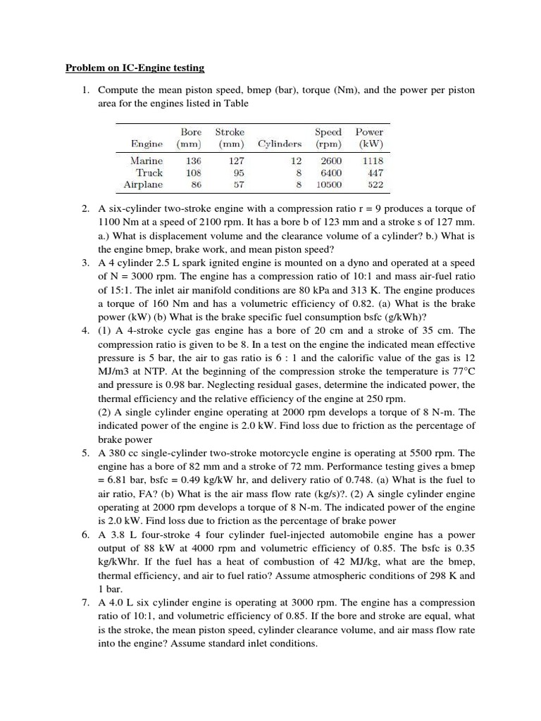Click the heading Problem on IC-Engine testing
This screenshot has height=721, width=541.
pos(135,68)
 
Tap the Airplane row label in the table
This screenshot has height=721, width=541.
pos(143,185)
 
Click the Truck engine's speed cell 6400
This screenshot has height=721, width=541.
pos(330,173)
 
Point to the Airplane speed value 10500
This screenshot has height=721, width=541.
pos(328,185)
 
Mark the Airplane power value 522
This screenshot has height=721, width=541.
pos(373,185)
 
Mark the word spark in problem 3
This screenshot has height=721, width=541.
pos(185,263)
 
